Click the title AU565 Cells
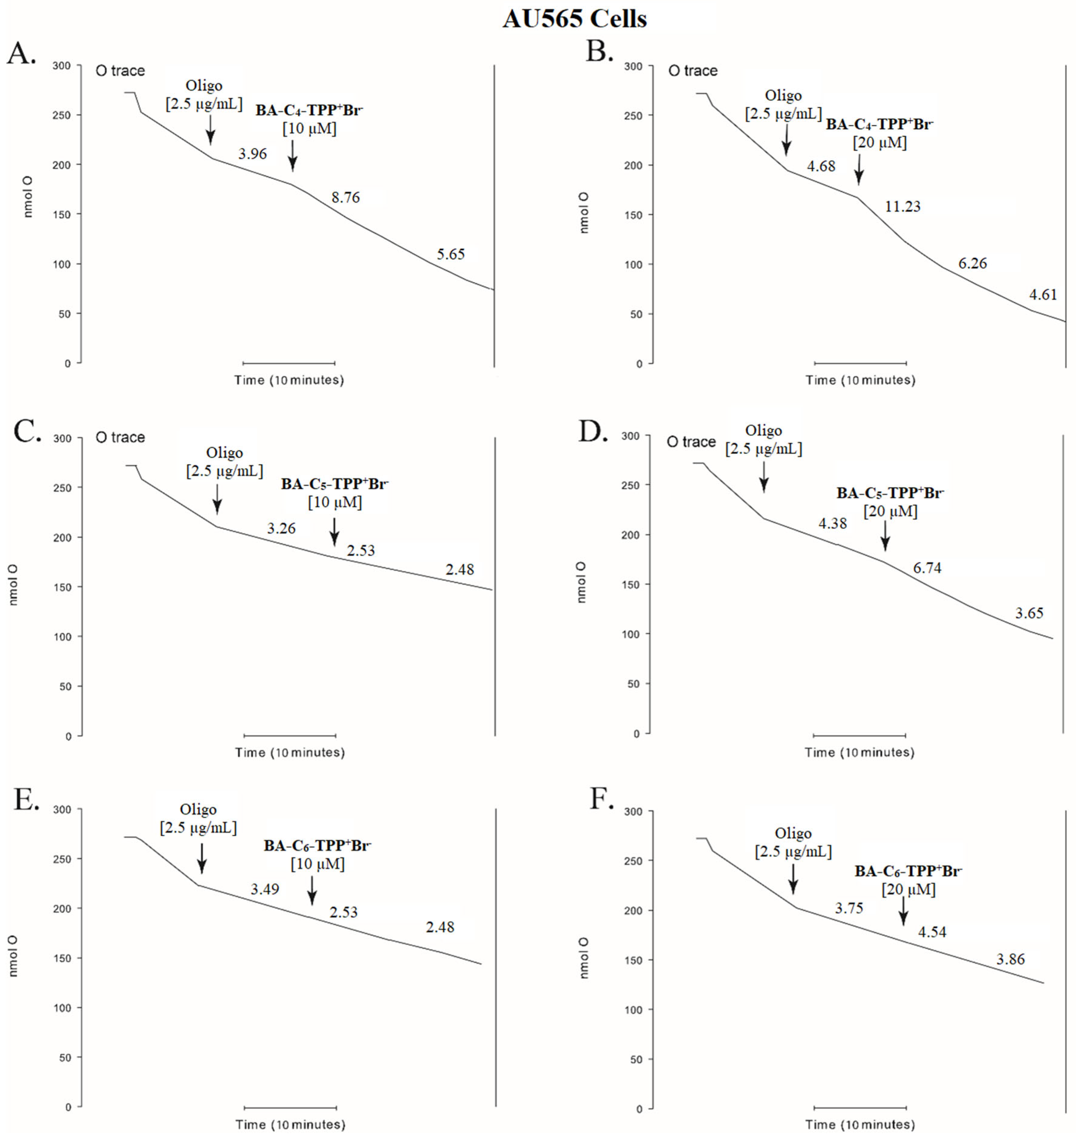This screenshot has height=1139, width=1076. click(x=575, y=19)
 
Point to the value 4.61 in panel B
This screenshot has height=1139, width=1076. click(x=1043, y=295)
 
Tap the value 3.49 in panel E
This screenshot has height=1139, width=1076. click(x=265, y=889)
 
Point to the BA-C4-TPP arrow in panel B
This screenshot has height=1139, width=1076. click(x=859, y=169)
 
